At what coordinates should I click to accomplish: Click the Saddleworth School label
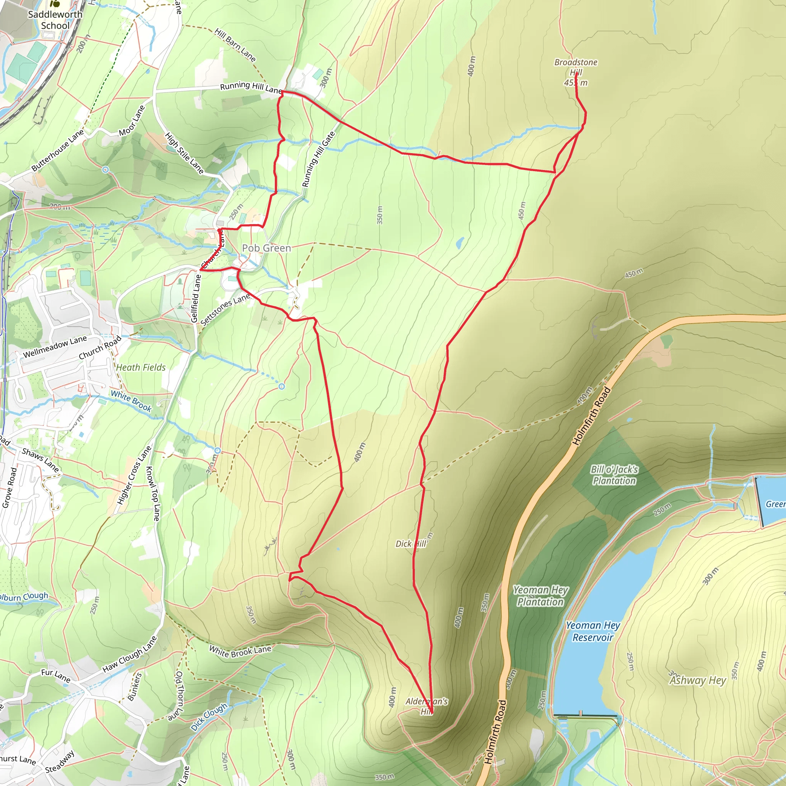pos(55,20)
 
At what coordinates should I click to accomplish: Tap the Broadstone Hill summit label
pos(576,73)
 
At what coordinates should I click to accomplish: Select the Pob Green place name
pos(266,248)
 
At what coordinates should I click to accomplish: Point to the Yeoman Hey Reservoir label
pos(593,631)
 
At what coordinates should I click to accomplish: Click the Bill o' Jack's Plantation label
pos(614,475)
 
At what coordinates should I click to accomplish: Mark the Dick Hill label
pos(411,544)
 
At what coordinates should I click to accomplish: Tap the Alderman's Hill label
pos(426,706)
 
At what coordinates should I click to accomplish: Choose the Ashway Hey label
pos(698,680)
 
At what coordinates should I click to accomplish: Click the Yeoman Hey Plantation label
pos(540,596)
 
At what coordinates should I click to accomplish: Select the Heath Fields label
pos(141,367)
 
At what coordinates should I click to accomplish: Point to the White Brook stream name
pos(131,401)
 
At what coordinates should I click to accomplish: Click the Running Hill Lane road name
pos(251,87)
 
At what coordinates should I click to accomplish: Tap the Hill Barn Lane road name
pos(235,45)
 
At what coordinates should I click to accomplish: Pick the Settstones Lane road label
pos(225,309)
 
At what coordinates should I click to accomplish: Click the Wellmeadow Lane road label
pos(55,347)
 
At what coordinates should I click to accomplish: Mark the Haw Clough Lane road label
pos(129,655)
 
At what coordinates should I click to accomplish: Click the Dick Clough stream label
pos(209,717)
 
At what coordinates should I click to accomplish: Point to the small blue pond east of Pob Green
pos(460,243)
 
